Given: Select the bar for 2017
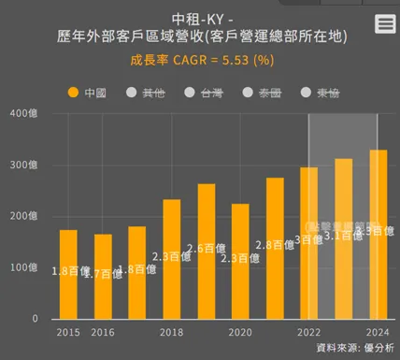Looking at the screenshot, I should [x=137, y=272].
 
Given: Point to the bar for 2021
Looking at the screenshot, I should [x=275, y=248].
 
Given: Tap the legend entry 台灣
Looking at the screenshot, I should [x=203, y=94].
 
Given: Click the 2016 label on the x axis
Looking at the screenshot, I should [x=103, y=332].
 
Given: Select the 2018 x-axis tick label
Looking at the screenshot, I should [x=172, y=332].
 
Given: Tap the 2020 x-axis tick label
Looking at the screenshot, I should [x=241, y=332].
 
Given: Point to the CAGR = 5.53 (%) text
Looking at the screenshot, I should [x=225, y=61].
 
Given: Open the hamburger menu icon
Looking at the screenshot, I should [x=384, y=24].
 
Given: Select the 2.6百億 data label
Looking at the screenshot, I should [x=206, y=249].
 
